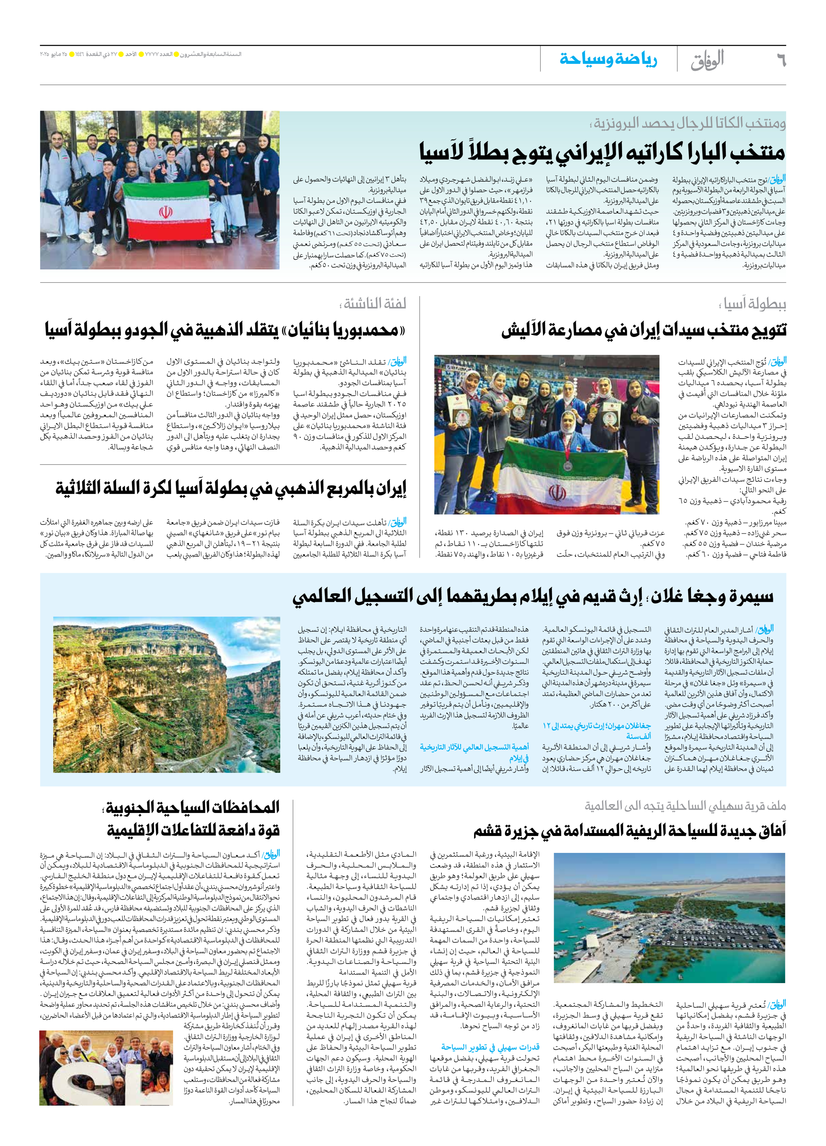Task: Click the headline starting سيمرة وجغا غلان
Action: tap(533, 597)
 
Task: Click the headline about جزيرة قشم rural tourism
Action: tap(629, 831)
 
